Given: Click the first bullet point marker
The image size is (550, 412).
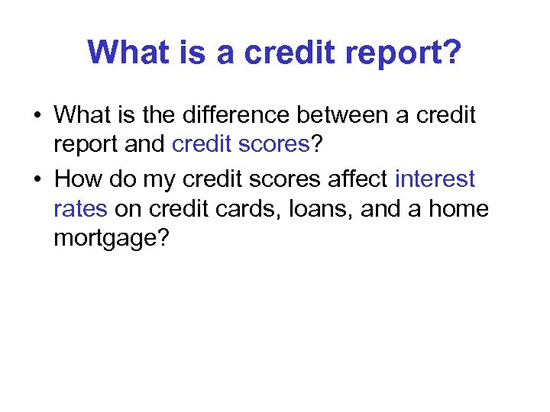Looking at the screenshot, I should pos(37,117).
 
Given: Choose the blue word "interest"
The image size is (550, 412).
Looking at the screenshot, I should pos(435,179).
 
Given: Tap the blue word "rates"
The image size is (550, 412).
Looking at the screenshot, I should pos(80,209).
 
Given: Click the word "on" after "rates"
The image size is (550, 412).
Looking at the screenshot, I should pos(128,209).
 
